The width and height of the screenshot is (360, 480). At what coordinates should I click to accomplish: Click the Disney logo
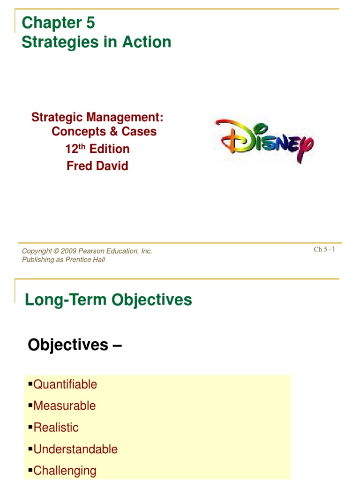(x=264, y=141)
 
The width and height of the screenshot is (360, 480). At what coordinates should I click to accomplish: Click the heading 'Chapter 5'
(x=58, y=22)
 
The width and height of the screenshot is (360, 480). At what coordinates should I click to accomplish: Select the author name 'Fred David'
(x=97, y=166)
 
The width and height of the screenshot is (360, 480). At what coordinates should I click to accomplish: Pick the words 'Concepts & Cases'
(x=104, y=132)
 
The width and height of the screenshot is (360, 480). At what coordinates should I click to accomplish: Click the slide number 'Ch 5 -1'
(x=324, y=249)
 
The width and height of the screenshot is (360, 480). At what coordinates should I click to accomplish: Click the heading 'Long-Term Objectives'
(x=108, y=300)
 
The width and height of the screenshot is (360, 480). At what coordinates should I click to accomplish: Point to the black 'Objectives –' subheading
(x=75, y=345)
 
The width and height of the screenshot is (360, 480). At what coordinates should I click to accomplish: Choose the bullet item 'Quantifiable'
(x=65, y=384)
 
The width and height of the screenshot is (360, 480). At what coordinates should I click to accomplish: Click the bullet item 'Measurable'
(x=65, y=406)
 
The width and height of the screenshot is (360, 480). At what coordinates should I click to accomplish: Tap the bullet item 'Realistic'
(x=56, y=427)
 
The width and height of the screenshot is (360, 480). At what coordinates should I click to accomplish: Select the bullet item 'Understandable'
(x=75, y=449)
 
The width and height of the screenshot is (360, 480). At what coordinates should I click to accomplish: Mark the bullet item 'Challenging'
(x=65, y=471)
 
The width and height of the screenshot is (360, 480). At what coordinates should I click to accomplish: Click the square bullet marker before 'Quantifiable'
(x=30, y=384)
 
